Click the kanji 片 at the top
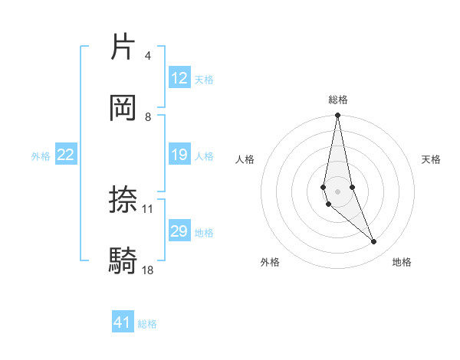tap(123, 47)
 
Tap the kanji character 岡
tap(123, 108)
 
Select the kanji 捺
tap(123, 200)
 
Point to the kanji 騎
tap(123, 261)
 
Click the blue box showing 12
tap(179, 78)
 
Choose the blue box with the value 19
tap(179, 155)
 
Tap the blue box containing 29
tap(179, 231)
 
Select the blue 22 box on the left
tap(66, 155)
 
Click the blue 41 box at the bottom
tap(123, 322)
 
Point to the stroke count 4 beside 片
tap(147, 56)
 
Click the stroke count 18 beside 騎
tap(148, 270)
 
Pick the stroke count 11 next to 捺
tap(148, 208)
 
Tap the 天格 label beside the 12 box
tap(204, 80)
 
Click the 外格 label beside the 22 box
tap(41, 156)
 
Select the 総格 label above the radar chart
tap(338, 100)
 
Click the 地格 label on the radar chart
tap(402, 262)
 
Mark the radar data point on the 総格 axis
tap(338, 116)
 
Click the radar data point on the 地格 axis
tap(374, 242)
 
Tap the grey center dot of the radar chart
tap(338, 191)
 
